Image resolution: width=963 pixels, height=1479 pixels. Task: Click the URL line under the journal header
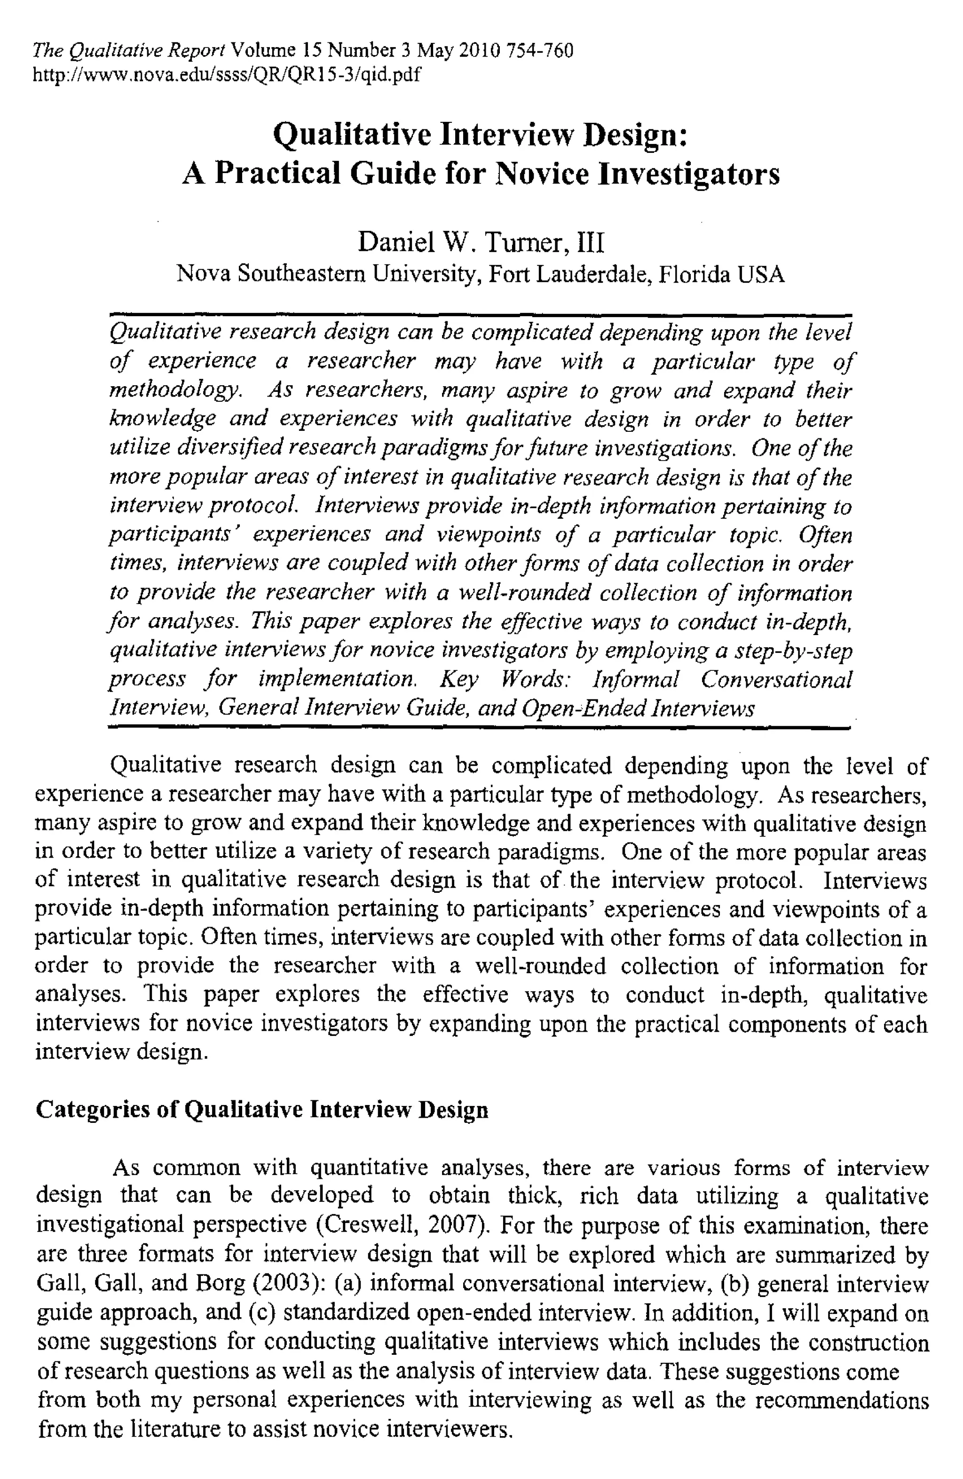226,75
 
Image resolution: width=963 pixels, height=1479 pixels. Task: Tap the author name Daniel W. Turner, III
480,242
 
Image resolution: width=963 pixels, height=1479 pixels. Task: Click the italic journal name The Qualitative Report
129,50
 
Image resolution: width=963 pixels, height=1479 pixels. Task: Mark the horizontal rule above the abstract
480,315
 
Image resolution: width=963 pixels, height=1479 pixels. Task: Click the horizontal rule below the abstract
479,726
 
